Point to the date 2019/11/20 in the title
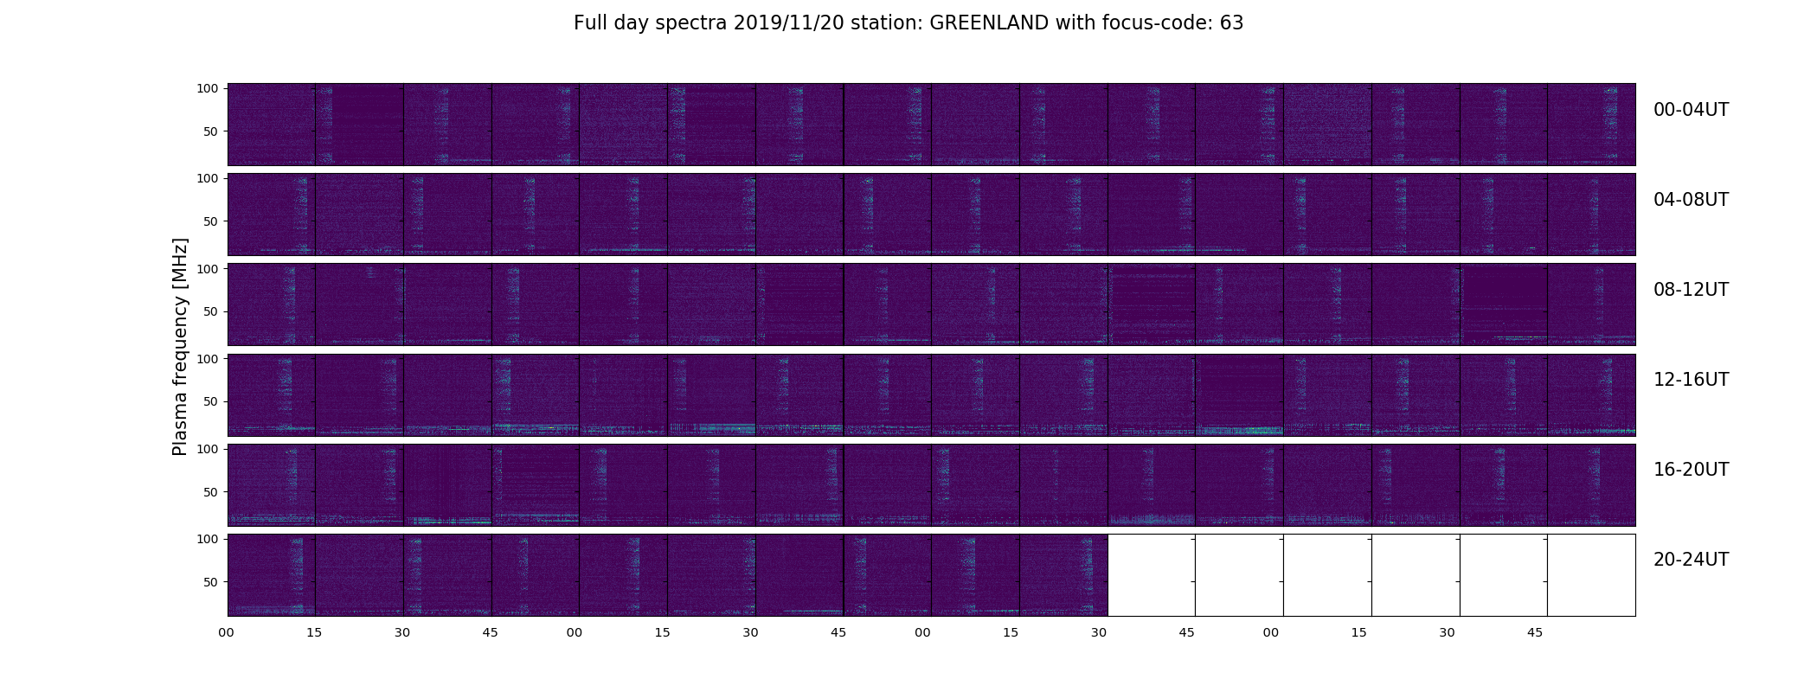[786, 23]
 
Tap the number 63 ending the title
[1231, 23]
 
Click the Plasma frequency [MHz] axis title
[180, 347]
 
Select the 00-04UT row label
[1691, 110]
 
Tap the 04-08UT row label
[1691, 200]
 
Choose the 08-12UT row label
[1691, 290]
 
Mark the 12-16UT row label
[1691, 380]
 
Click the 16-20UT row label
[1691, 470]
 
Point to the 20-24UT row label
[1691, 560]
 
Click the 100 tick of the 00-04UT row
[208, 88]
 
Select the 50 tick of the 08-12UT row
[211, 311]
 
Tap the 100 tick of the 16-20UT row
[208, 449]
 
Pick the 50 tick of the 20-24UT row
[211, 582]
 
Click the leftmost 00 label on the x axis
[226, 632]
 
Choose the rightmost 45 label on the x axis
[1535, 632]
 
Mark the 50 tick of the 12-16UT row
[211, 401]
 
